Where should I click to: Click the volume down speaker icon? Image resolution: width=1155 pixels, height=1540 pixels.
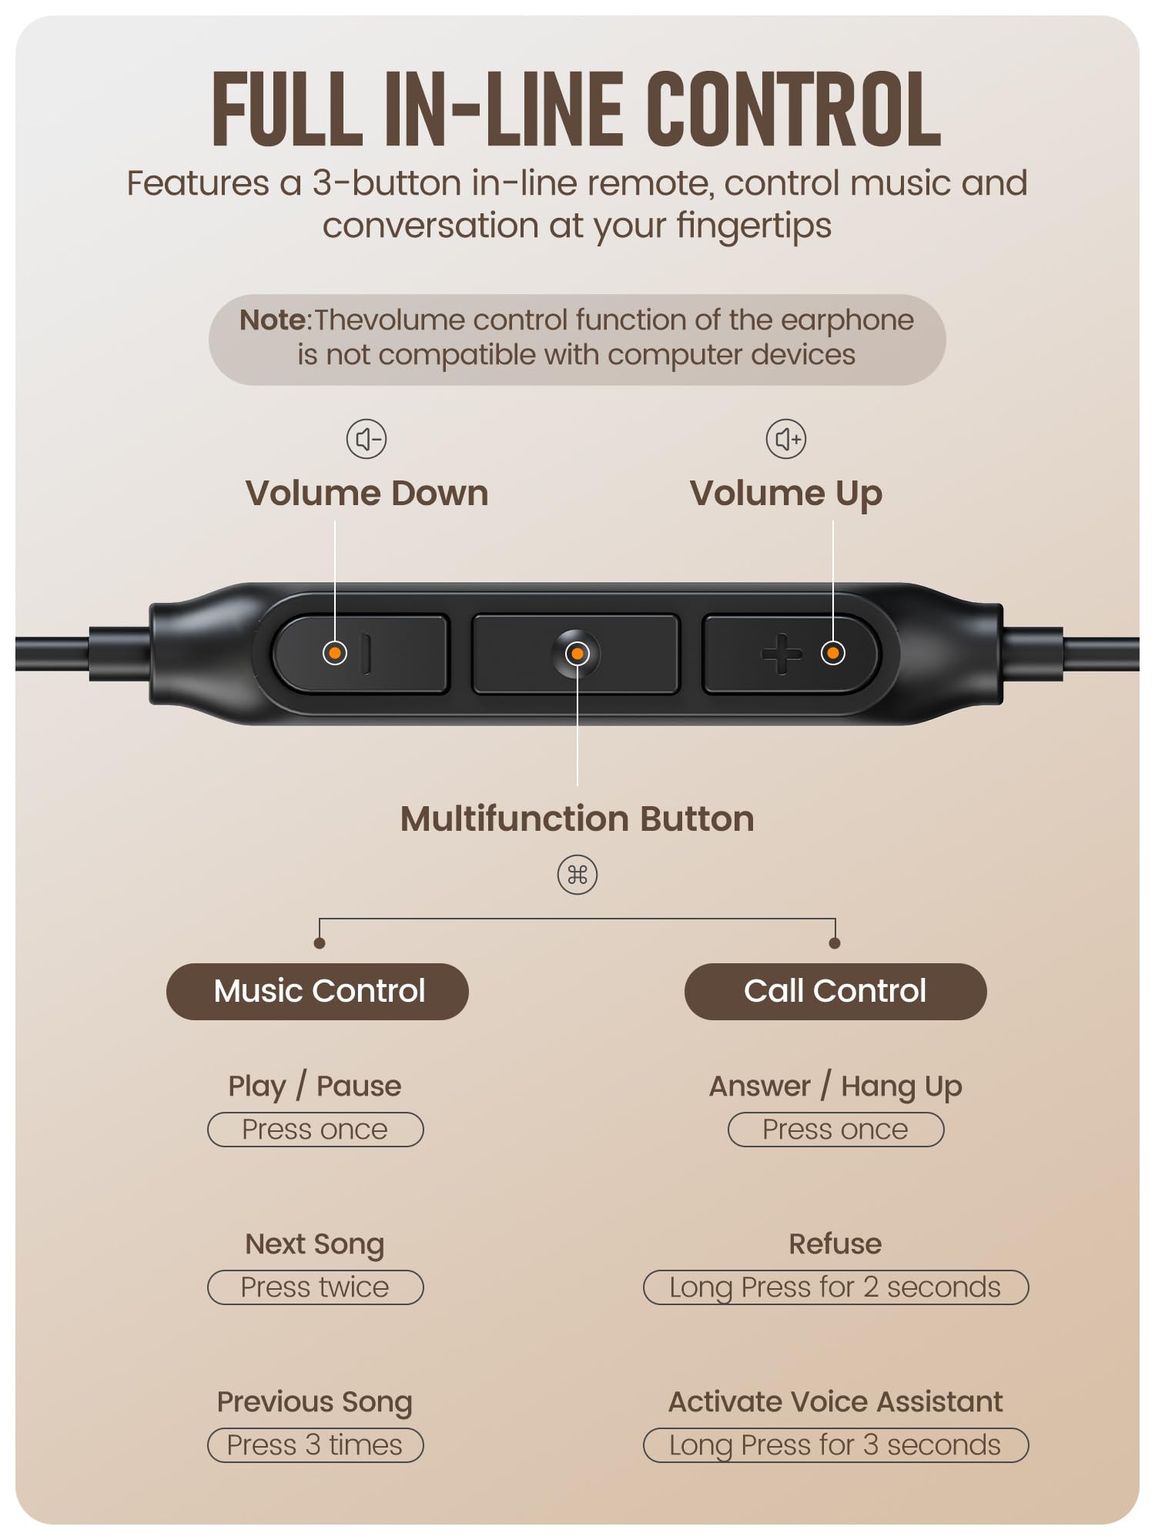(x=367, y=439)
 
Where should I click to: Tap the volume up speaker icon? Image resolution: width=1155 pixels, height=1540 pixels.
(x=786, y=439)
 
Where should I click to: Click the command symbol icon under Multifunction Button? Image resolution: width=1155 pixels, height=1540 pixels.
(x=577, y=875)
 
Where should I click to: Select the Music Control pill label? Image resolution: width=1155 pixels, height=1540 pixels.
(x=317, y=991)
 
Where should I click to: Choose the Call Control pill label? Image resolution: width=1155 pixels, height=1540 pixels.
(x=835, y=991)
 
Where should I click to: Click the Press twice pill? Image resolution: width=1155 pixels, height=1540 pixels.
(x=316, y=1287)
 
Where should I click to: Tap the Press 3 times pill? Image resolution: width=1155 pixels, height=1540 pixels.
(x=316, y=1445)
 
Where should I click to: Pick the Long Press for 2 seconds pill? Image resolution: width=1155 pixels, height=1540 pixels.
(x=836, y=1287)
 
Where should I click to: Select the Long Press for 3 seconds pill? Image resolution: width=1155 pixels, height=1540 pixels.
(x=836, y=1445)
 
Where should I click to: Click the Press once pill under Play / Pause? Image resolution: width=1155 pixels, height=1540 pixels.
(x=316, y=1130)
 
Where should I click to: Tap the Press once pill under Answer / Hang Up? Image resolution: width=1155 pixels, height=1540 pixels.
(x=836, y=1130)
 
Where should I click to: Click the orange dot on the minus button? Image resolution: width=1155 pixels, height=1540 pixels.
(x=335, y=653)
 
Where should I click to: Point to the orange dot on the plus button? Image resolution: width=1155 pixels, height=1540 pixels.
(x=832, y=653)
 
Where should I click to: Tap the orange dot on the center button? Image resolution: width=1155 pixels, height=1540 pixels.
(x=577, y=654)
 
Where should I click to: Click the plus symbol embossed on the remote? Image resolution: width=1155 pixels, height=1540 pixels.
(x=782, y=654)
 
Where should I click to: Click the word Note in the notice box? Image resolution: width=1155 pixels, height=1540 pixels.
(x=273, y=320)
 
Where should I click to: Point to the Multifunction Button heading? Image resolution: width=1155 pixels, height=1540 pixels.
(x=577, y=819)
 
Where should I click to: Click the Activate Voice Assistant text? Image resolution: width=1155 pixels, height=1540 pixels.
(x=835, y=1402)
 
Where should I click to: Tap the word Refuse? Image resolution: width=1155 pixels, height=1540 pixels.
(x=835, y=1244)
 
